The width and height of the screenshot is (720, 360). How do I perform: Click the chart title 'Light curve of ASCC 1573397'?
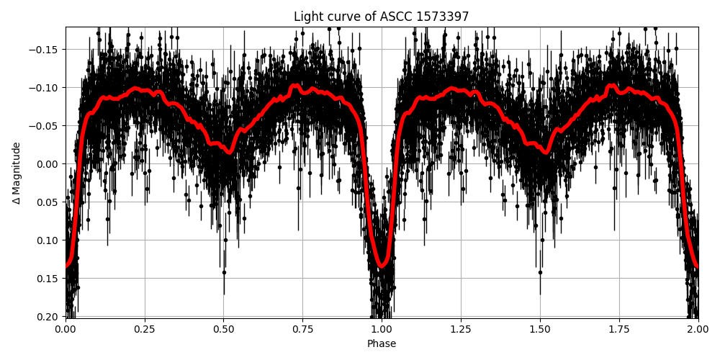pos(381,17)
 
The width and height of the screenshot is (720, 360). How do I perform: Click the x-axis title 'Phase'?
pos(382,344)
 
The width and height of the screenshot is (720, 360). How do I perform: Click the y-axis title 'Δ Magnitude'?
pos(17,173)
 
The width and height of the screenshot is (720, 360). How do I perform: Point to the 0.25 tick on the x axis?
pos(145,329)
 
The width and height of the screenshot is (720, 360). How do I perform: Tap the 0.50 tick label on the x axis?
pos(223,329)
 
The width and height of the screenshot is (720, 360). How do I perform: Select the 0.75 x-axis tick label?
pos(302,329)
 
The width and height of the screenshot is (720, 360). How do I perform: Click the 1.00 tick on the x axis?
pos(382,329)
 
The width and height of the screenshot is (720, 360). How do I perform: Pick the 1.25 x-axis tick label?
pos(461,329)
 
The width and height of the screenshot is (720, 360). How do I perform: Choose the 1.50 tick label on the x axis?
pos(540,329)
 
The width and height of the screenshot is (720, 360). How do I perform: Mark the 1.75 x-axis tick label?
pos(619,329)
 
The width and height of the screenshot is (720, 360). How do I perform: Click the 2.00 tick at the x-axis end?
pos(698,329)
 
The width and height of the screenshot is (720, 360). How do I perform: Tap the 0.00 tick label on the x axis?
pos(66,329)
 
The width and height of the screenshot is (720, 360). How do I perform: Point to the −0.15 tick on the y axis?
pos(48,50)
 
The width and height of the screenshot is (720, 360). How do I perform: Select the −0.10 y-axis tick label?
pos(48,88)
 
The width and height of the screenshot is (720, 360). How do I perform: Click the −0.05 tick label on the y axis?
pos(48,126)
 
